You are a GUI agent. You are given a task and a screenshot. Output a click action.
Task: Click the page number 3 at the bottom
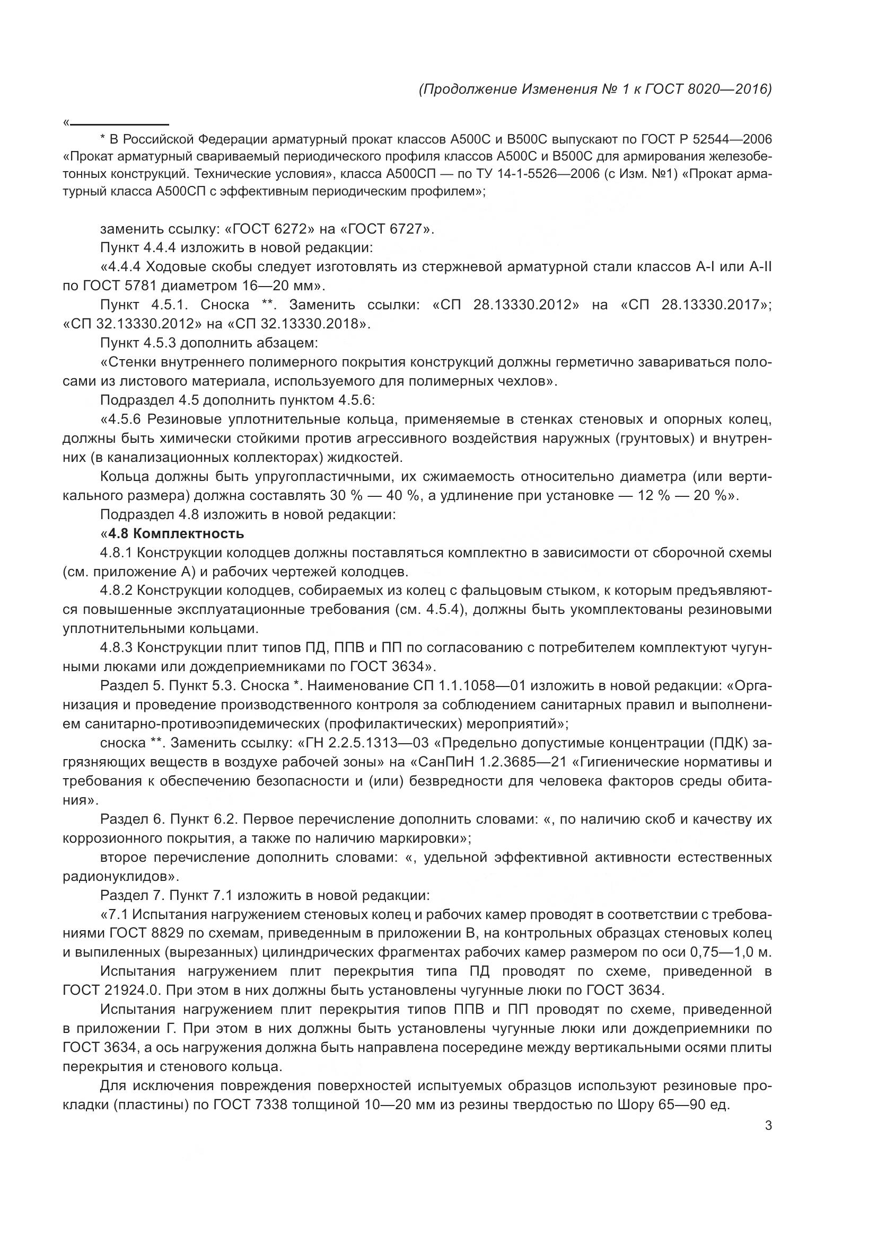768,1140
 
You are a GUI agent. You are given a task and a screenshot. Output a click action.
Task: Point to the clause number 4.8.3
116,647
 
